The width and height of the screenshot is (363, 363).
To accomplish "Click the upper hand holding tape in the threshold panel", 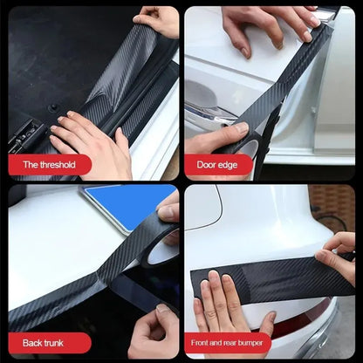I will click(160, 19).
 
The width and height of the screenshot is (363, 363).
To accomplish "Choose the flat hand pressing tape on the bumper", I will click(224, 305).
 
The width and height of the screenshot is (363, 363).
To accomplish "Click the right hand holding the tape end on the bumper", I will click(339, 257).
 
